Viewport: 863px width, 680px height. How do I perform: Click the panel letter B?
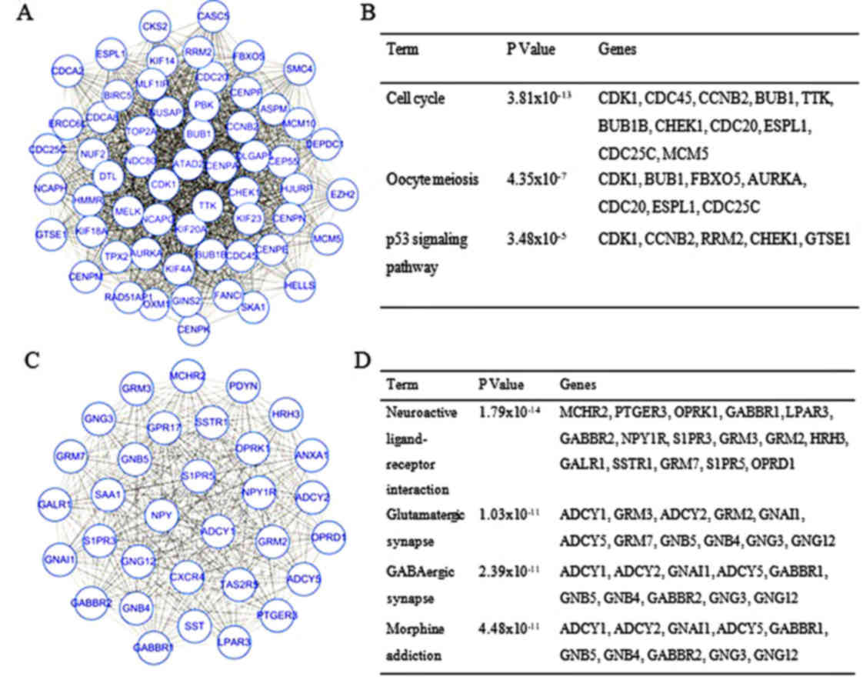[368, 13]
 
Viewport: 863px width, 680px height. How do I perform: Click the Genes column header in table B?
[617, 50]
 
